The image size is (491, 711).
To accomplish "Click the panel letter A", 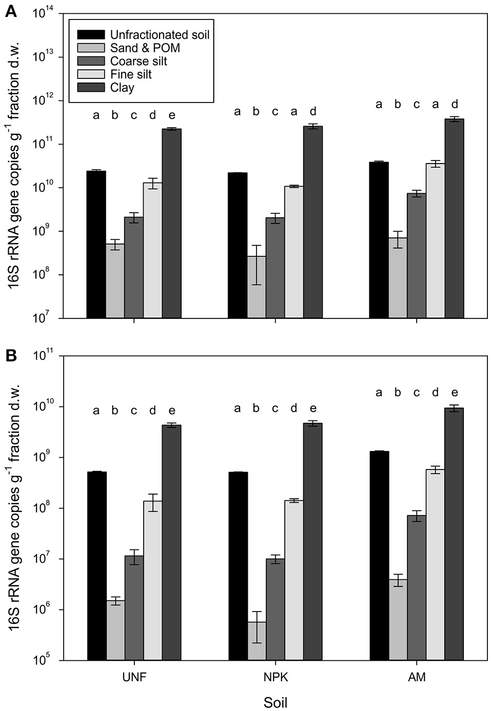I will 10,11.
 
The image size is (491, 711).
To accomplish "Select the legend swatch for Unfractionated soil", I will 91,35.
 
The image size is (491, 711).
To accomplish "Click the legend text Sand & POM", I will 145,48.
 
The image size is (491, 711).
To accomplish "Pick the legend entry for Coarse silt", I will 139,61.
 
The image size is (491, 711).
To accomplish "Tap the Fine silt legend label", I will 131,74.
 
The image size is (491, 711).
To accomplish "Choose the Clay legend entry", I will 122,88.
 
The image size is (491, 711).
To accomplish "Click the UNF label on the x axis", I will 134,677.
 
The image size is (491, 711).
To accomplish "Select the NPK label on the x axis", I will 276,677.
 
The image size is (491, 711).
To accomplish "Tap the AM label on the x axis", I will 417,677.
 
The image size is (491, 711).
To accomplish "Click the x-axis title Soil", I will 276,702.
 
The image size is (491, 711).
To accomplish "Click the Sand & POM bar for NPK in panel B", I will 257,641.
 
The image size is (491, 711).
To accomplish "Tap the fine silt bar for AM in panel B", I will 435,564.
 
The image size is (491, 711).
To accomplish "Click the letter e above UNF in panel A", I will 172,115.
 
